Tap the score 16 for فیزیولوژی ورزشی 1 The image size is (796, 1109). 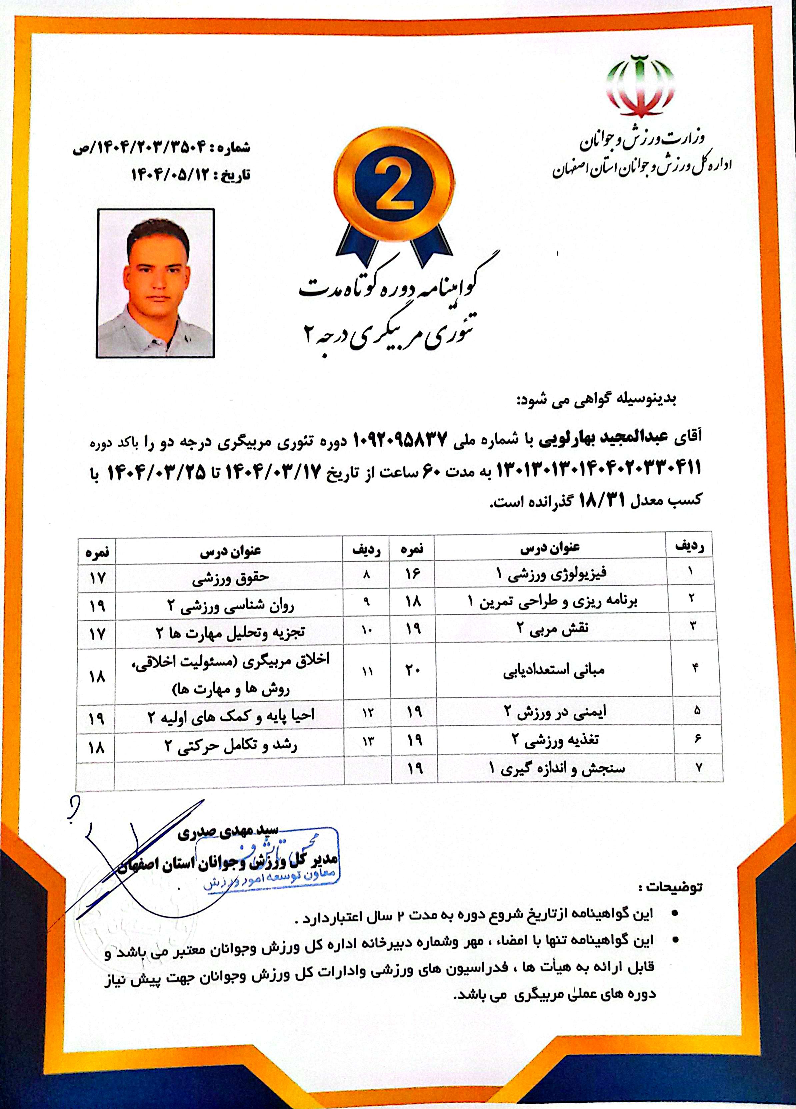[413, 574]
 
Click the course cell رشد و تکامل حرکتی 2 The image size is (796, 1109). [230, 747]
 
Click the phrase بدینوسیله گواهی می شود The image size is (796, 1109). [596, 400]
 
